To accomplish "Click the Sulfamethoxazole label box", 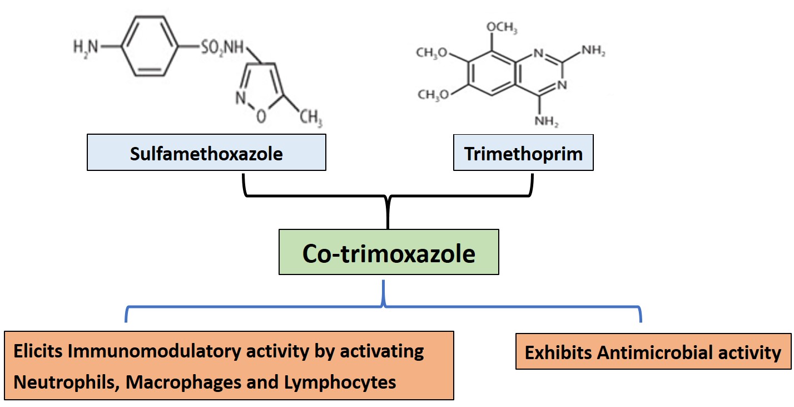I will (206, 154).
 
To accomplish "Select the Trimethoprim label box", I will (523, 154).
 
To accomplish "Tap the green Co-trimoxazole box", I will (389, 253).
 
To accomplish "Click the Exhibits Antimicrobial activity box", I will (653, 352).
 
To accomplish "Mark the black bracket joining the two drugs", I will (388, 197).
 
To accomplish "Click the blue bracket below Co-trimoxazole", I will (384, 306).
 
